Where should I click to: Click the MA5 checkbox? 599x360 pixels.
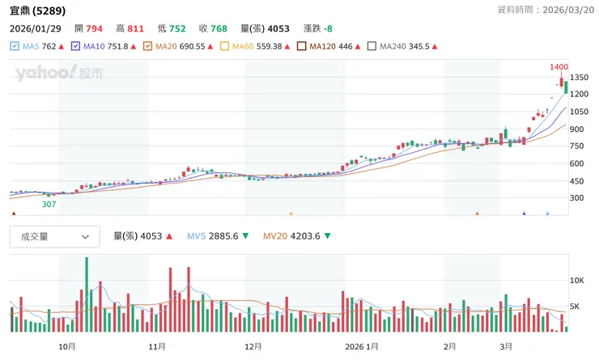(x=14, y=46)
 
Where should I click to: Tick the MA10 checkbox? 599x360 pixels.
(x=75, y=46)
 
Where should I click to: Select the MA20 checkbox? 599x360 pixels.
(x=147, y=46)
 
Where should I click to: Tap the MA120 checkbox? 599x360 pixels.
(x=301, y=46)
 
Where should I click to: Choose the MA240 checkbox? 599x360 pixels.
(x=372, y=46)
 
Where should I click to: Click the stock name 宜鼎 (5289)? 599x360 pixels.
(x=38, y=11)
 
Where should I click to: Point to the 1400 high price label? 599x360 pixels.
(x=559, y=66)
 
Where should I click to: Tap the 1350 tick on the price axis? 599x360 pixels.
(x=580, y=77)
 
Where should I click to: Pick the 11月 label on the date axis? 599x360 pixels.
(x=157, y=346)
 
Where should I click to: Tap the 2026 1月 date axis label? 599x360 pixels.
(x=361, y=346)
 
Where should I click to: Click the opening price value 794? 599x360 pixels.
(x=95, y=28)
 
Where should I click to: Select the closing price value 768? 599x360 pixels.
(x=219, y=28)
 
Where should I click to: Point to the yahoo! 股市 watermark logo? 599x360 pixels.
(x=58, y=74)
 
